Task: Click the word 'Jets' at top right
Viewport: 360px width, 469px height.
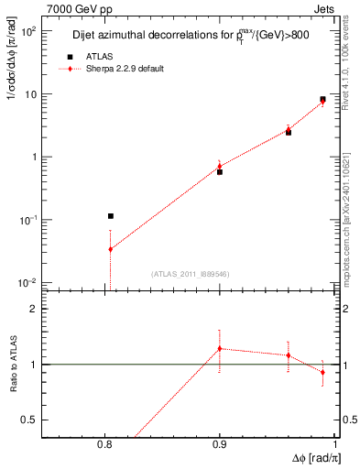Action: [x=323, y=8]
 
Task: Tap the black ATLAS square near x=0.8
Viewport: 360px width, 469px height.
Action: [x=110, y=216]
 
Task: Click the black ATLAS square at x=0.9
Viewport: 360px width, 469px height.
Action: [x=220, y=172]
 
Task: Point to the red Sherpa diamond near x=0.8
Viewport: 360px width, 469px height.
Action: [x=110, y=249]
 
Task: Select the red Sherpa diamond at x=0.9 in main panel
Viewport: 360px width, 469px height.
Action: [x=220, y=167]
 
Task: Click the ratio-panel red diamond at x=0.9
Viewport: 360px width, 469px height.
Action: [x=220, y=349]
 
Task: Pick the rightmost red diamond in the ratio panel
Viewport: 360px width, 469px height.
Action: [x=322, y=372]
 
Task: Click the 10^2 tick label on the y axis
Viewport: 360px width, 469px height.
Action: [x=27, y=31]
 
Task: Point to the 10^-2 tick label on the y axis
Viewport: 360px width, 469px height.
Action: [x=27, y=282]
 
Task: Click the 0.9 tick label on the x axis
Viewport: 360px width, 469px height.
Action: [x=220, y=445]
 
